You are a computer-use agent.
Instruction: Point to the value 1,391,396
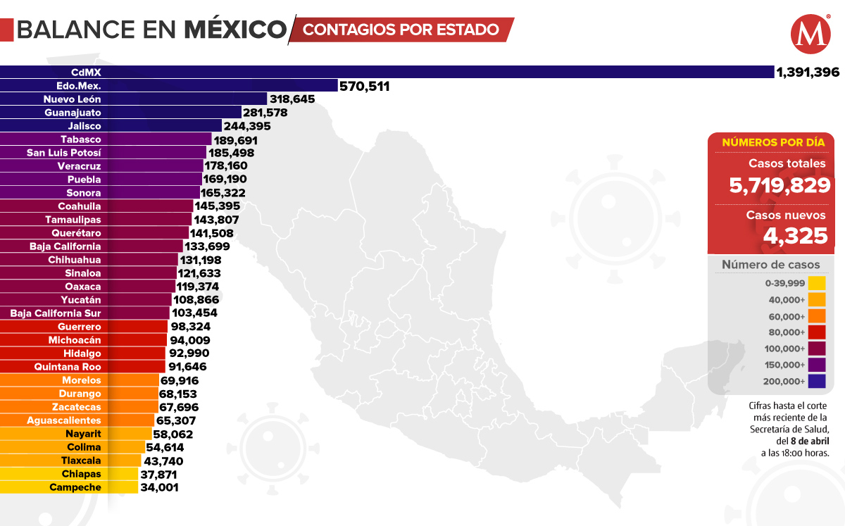(x=808, y=72)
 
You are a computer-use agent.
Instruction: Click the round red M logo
(x=810, y=35)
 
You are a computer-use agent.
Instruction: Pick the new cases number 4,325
(x=795, y=235)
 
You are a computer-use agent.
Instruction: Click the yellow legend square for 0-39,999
(x=817, y=283)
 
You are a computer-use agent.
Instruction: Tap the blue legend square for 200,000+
(x=817, y=381)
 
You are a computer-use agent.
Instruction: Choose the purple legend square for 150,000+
(x=817, y=365)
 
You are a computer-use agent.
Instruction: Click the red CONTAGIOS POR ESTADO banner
(x=401, y=30)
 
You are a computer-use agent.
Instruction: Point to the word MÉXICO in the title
(x=235, y=30)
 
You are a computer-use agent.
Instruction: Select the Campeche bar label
(x=75, y=487)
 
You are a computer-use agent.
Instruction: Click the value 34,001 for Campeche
(x=158, y=487)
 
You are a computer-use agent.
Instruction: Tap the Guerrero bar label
(x=80, y=327)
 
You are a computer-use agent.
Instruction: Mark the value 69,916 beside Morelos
(x=180, y=380)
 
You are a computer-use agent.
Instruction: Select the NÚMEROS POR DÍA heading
(x=773, y=142)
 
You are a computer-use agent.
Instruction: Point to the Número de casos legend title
(x=770, y=265)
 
